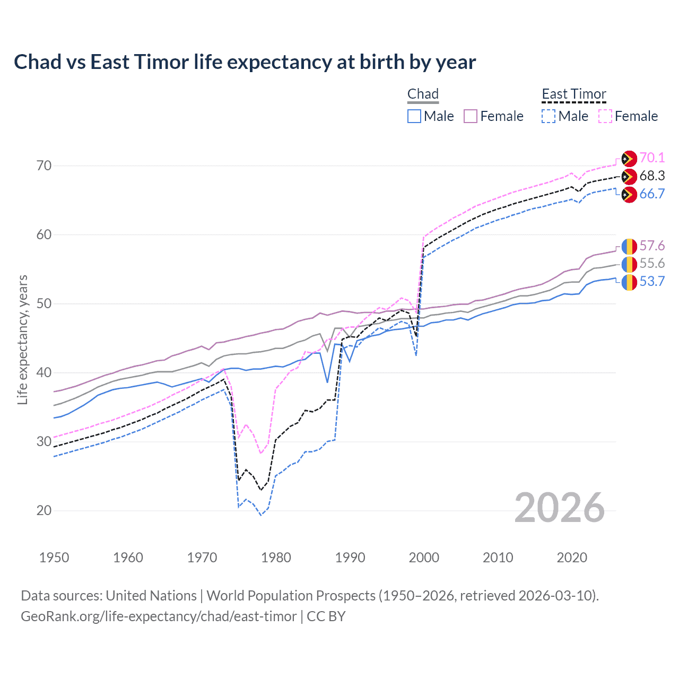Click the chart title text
pos(245,62)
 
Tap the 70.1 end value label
pos(652,158)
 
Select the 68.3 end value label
pos(652,176)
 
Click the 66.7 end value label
pos(652,194)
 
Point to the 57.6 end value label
pos(652,246)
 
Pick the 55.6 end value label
pos(652,264)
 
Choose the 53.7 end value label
pos(652,281)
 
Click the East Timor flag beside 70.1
pos(629,159)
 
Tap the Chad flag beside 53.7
pos(629,282)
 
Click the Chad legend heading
pos(423,94)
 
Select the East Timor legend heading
pos(573,94)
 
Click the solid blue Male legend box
pos(414,116)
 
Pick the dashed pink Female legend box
pos(605,116)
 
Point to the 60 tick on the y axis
pos(45,234)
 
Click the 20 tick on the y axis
pos(45,510)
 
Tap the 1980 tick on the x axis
pos(276,558)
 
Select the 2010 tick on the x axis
pos(498,558)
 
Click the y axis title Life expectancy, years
pos(23,339)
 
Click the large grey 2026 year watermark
pos(560,508)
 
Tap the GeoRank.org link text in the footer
pos(159,616)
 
